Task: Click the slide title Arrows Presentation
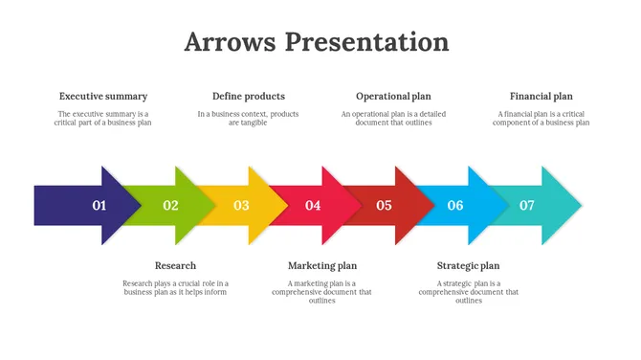(316, 42)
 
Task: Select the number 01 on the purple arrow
(99, 205)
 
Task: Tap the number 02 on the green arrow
(170, 205)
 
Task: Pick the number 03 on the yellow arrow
(241, 205)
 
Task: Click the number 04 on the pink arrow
(313, 205)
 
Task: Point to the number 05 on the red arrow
(384, 205)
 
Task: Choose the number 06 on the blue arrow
(455, 205)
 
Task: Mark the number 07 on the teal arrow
(526, 205)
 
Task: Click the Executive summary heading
(103, 96)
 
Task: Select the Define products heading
(248, 96)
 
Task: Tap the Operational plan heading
(393, 96)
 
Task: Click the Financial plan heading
(541, 96)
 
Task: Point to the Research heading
(175, 265)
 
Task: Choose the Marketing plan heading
(322, 265)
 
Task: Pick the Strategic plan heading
(468, 265)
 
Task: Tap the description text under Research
(175, 287)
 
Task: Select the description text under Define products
(248, 118)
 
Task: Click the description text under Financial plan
(541, 118)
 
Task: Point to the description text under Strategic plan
(468, 291)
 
